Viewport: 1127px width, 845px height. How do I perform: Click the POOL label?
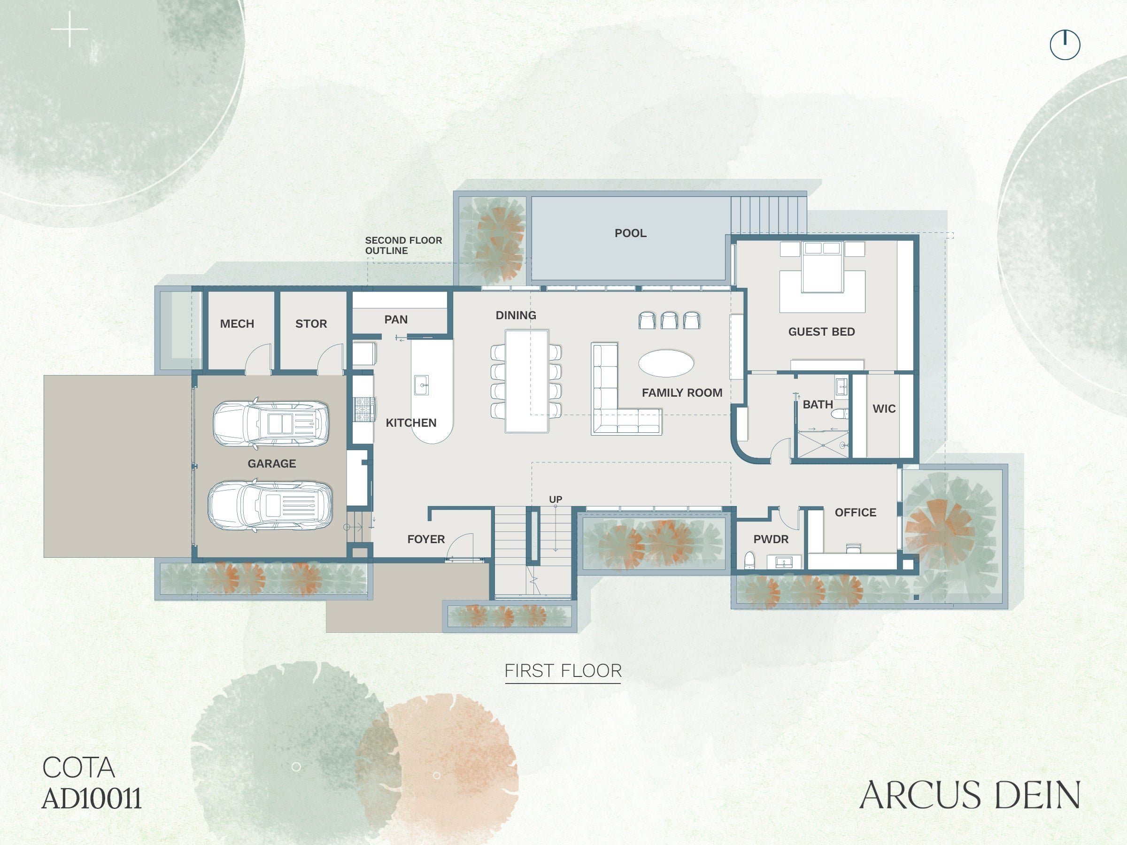click(x=630, y=233)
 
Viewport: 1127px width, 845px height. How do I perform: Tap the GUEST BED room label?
click(x=821, y=331)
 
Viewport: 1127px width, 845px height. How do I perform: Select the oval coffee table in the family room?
click(x=666, y=363)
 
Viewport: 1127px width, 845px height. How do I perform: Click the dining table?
click(x=527, y=382)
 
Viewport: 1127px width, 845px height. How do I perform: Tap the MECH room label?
click(x=237, y=324)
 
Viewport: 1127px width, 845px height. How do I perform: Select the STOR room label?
click(x=311, y=324)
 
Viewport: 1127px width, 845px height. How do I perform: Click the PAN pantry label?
click(x=396, y=320)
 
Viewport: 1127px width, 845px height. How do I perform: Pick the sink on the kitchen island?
click(x=421, y=385)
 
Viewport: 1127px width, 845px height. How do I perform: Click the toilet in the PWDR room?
click(x=749, y=560)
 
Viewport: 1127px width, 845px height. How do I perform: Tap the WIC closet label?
click(x=884, y=408)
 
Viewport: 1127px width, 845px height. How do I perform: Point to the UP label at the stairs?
click(x=556, y=499)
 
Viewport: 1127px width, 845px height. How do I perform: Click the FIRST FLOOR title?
click(x=563, y=671)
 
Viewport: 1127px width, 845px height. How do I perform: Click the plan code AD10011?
click(x=92, y=799)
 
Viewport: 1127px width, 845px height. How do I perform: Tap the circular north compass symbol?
click(x=1065, y=45)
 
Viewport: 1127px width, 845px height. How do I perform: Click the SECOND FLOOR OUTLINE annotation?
click(x=403, y=246)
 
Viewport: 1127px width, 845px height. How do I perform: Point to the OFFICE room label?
click(x=856, y=513)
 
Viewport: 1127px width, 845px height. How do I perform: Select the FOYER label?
click(x=426, y=539)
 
